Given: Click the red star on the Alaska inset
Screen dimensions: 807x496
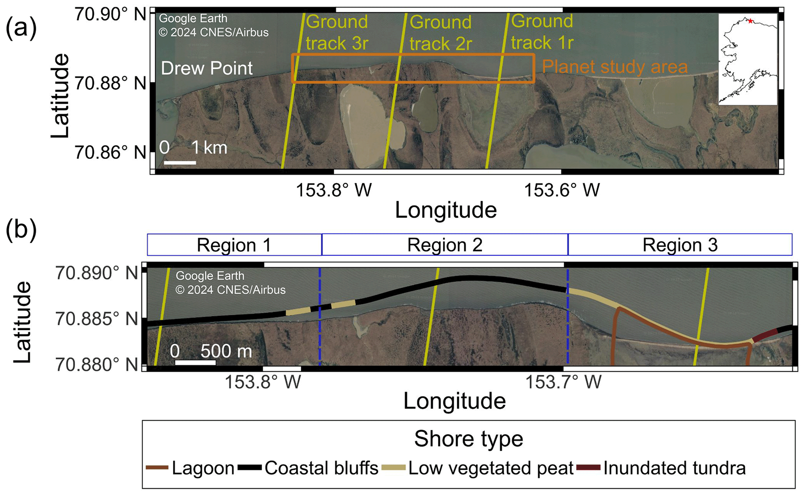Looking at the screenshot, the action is pos(750,21).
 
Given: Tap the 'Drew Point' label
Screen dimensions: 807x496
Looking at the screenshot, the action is pos(207,68).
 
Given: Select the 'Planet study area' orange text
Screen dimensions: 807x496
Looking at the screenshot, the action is pos(615,67).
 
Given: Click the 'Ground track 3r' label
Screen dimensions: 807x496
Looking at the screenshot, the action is pos(337,32).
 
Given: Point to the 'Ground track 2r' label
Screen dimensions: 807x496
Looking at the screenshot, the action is pos(441,33).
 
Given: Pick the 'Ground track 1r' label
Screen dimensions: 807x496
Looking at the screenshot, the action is pos(542,32).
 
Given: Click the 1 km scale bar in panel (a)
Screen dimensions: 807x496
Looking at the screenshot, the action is pos(180,162).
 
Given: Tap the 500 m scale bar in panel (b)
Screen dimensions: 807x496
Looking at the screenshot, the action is pos(195,362).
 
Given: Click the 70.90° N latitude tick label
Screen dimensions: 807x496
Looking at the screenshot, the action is pos(110,14).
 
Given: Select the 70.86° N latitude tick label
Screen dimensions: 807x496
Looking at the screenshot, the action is pos(110,152).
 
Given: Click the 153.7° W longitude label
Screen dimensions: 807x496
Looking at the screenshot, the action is pos(563,382).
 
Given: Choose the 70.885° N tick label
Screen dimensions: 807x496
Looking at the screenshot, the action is pos(97,319).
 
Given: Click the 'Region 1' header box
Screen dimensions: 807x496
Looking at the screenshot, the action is pos(234,245).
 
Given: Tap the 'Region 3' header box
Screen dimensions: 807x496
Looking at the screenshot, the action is pos(680,245).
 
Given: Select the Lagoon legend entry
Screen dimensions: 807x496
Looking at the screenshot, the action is pos(190,468).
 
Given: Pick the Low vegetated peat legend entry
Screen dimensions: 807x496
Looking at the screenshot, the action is pos(477,468).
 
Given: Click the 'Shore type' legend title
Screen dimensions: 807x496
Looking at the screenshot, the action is pos(469,439).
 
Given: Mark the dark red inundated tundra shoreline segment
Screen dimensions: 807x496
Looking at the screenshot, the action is pos(765,335).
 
